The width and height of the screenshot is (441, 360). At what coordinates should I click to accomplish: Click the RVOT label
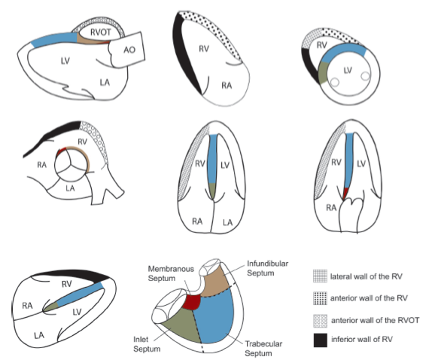pyautogui.click(x=100, y=32)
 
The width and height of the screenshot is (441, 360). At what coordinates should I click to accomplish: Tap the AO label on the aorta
pyautogui.click(x=129, y=50)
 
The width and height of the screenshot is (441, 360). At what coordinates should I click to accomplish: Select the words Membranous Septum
pyautogui.click(x=171, y=273)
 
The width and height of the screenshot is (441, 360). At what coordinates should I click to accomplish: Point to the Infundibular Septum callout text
pyautogui.click(x=267, y=268)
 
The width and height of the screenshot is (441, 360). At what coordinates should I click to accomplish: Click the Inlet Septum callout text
pyautogui.click(x=147, y=344)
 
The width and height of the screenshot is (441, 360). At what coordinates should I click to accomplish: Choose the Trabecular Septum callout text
pyautogui.click(x=263, y=349)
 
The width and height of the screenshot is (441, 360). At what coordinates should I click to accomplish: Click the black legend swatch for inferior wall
pyautogui.click(x=320, y=340)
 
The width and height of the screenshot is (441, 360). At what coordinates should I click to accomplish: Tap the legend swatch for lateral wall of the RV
pyautogui.click(x=320, y=276)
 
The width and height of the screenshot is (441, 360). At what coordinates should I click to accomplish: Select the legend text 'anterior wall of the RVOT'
pyautogui.click(x=376, y=320)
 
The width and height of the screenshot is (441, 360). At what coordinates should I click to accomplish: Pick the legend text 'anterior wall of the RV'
pyautogui.click(x=369, y=298)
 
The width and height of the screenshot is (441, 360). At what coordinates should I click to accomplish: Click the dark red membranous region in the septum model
pyautogui.click(x=192, y=301)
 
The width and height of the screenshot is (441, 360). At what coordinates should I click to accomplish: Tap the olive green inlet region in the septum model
pyautogui.click(x=182, y=327)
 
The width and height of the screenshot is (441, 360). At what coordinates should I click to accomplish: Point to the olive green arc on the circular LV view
pyautogui.click(x=323, y=72)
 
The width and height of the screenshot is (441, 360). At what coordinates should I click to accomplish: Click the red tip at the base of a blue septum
pyautogui.click(x=345, y=193)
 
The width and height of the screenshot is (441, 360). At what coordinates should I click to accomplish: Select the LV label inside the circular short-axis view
pyautogui.click(x=348, y=70)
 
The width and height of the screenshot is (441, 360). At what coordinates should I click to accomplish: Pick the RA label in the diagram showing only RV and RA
pyautogui.click(x=227, y=85)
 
